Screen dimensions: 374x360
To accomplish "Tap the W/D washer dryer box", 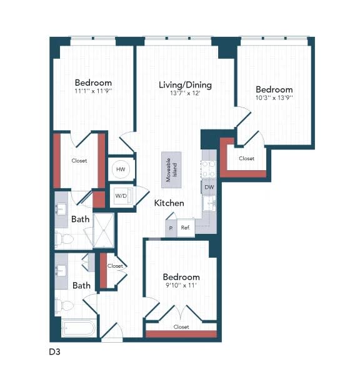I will (121, 195).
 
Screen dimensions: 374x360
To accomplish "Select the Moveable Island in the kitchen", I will (171, 169).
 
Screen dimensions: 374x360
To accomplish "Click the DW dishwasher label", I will (209, 187).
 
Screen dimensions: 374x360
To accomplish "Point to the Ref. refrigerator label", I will (186, 228).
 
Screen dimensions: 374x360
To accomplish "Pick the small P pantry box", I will (171, 228).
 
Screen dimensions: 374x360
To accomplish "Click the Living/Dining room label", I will (185, 85).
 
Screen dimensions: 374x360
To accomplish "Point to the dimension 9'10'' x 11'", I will (181, 286).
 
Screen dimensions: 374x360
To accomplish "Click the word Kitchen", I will (169, 203).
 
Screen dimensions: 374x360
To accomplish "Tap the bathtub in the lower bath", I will (78, 328).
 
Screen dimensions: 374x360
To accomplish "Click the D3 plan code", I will (55, 352).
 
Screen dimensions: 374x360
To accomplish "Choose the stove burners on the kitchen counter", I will (208, 169).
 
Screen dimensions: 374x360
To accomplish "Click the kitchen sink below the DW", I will (209, 203).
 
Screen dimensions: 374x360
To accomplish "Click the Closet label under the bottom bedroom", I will (181, 327).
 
